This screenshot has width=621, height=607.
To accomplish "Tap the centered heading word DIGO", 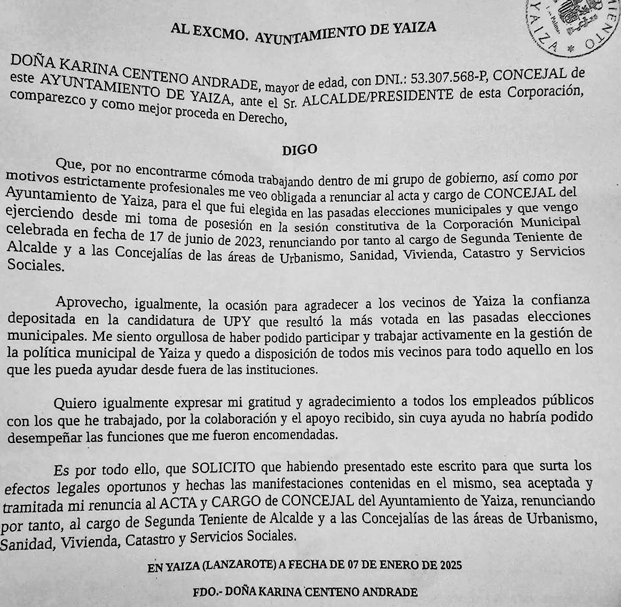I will coord(299,150).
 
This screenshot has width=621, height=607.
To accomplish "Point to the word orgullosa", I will coord(169,337).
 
